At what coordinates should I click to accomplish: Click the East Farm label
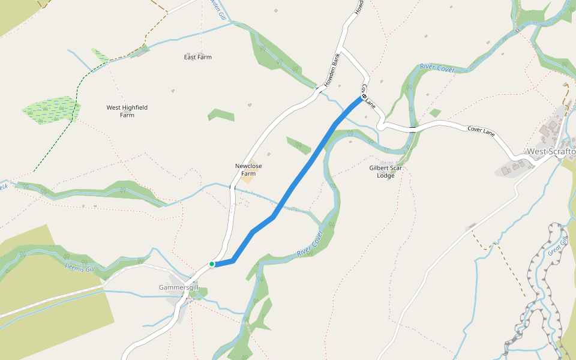(197, 58)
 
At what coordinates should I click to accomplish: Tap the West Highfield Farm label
(127, 111)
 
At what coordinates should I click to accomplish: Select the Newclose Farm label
(248, 169)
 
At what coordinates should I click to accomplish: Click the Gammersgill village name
(178, 287)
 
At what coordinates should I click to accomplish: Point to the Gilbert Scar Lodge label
(386, 172)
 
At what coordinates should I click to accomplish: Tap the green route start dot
(212, 264)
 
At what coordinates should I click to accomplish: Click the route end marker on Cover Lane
(364, 96)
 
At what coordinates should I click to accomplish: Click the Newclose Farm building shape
(247, 178)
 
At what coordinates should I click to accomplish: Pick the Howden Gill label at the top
(217, 8)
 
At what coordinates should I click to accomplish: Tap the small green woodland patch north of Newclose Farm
(221, 114)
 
